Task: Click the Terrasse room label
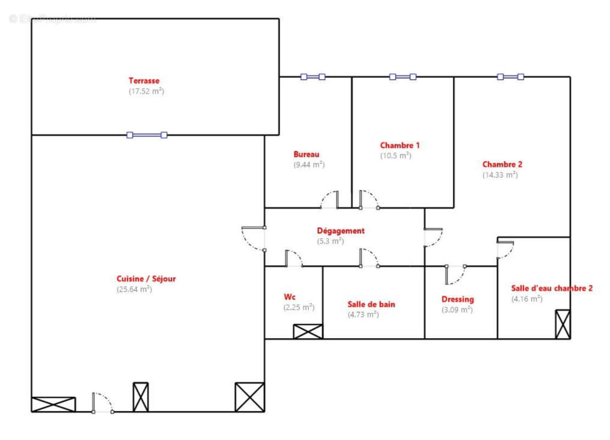tap(144, 81)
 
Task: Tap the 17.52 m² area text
tap(146, 91)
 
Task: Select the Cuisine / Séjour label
tap(146, 279)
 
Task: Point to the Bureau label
tap(306, 155)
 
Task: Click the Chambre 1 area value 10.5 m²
tap(396, 156)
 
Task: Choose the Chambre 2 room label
tap(502, 164)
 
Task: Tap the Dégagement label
tap(340, 231)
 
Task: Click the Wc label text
tap(289, 297)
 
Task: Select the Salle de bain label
tap(371, 304)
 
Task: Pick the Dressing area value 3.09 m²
tap(457, 310)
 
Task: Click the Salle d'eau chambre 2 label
tap(552, 288)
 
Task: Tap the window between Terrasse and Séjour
tap(147, 135)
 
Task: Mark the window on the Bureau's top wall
tap(313, 77)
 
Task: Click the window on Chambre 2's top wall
tap(511, 77)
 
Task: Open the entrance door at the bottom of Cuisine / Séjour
tap(103, 403)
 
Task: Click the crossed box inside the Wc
tap(308, 331)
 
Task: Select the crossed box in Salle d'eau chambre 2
tap(563, 324)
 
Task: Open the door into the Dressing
tap(456, 274)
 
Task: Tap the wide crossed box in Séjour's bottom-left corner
tap(53, 404)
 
